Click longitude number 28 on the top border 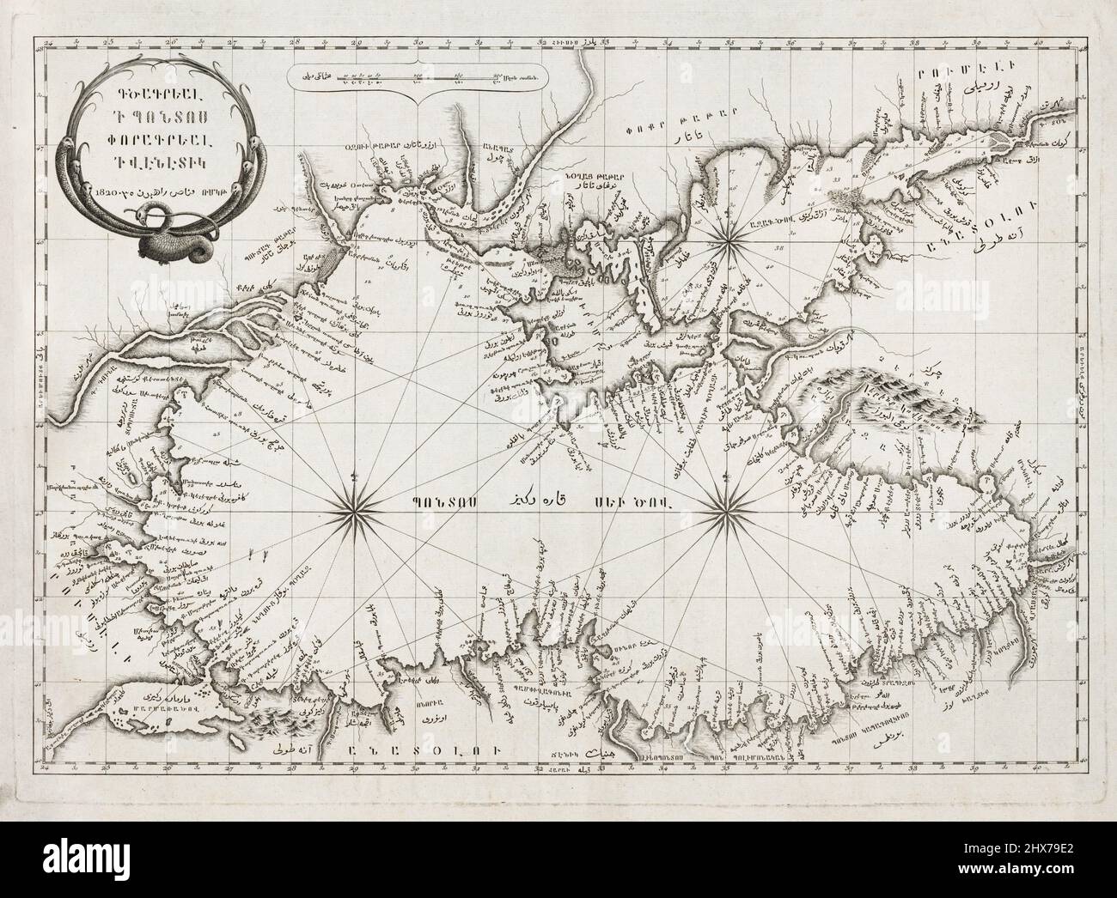coord(293,40)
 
